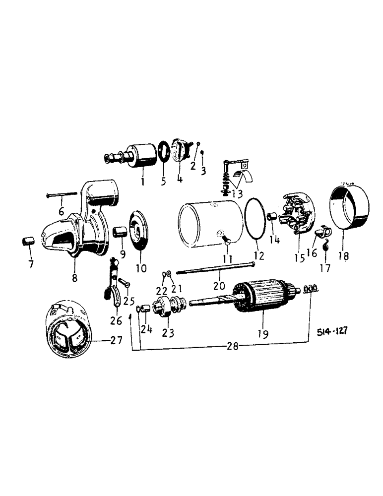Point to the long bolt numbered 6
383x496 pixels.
pyautogui.click(x=62, y=195)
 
